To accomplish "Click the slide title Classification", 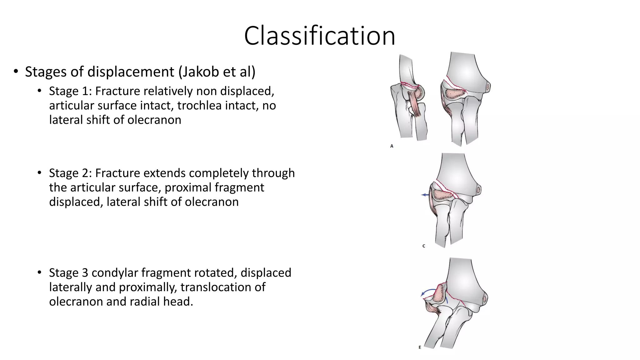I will (319, 36).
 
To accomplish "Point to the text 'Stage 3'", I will (68, 273).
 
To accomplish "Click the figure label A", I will (392, 146).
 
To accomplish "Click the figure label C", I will (424, 246).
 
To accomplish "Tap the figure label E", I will (420, 347).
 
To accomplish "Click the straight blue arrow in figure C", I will (425, 195).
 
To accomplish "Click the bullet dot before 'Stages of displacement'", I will (16, 72).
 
